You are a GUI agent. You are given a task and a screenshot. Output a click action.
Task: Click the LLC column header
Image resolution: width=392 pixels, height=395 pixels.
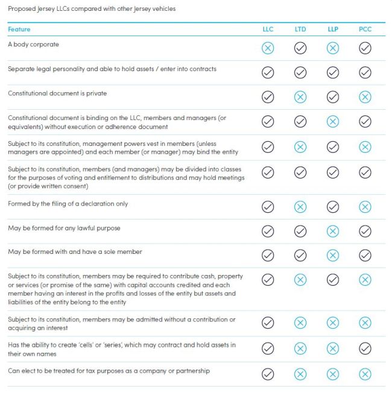tap(268, 29)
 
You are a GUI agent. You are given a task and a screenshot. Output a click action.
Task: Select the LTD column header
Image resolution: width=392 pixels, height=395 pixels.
tap(300, 29)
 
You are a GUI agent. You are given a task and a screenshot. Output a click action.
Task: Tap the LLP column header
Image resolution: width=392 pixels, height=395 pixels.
tap(333, 29)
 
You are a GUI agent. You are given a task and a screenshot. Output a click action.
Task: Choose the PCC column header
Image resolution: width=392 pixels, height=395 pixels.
tap(365, 29)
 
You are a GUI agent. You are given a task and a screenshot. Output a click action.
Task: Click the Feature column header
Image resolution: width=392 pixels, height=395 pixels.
tap(19, 29)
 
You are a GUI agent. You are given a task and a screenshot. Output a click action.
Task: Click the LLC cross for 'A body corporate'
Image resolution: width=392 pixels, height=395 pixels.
tap(268, 48)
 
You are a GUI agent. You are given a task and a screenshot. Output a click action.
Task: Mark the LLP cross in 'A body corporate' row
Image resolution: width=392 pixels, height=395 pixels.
tap(333, 48)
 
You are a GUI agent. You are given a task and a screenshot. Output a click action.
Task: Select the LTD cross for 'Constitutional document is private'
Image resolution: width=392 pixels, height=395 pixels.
tap(300, 97)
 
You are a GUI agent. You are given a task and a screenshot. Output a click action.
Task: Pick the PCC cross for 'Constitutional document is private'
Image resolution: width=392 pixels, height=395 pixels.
tap(365, 97)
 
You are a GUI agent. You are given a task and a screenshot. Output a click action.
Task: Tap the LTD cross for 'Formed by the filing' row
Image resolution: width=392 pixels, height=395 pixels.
tap(300, 207)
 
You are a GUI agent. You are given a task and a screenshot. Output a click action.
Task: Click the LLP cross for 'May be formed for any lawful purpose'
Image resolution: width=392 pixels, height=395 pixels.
tap(333, 232)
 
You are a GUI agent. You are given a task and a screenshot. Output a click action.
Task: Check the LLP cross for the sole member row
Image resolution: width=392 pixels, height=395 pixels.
tap(333, 256)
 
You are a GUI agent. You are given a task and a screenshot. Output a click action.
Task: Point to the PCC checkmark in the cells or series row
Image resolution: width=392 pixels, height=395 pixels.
tap(365, 349)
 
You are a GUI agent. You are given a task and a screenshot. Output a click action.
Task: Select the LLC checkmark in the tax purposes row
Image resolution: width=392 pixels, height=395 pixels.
tap(268, 374)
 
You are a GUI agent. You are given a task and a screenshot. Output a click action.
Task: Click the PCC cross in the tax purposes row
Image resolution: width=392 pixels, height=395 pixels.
tap(365, 374)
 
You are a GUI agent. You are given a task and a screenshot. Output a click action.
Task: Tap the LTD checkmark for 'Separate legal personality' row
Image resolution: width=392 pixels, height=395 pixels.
tap(300, 72)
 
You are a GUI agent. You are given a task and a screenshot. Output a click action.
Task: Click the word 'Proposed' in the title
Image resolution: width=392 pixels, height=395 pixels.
tap(22, 9)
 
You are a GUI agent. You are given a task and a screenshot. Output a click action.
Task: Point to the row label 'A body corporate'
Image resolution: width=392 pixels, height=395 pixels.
tap(33, 45)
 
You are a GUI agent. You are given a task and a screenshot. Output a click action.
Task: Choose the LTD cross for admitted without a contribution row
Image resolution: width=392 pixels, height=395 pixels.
tap(300, 323)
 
